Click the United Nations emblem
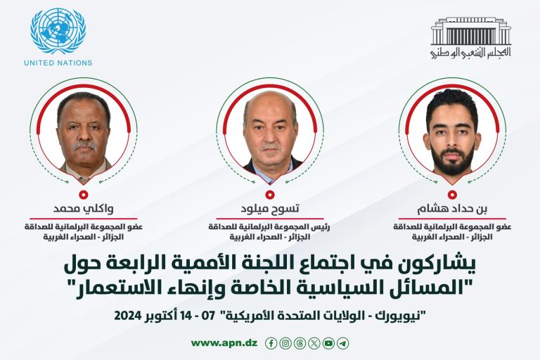[58, 30]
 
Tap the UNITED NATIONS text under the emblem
[58, 63]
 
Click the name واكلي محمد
[84, 209]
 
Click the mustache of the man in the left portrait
[84, 146]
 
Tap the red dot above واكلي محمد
[84, 193]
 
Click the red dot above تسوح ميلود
[269, 193]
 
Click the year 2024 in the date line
[131, 313]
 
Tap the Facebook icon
[271, 343]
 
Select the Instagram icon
[285, 343]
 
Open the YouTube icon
[328, 343]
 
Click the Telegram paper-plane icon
[342, 343]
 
